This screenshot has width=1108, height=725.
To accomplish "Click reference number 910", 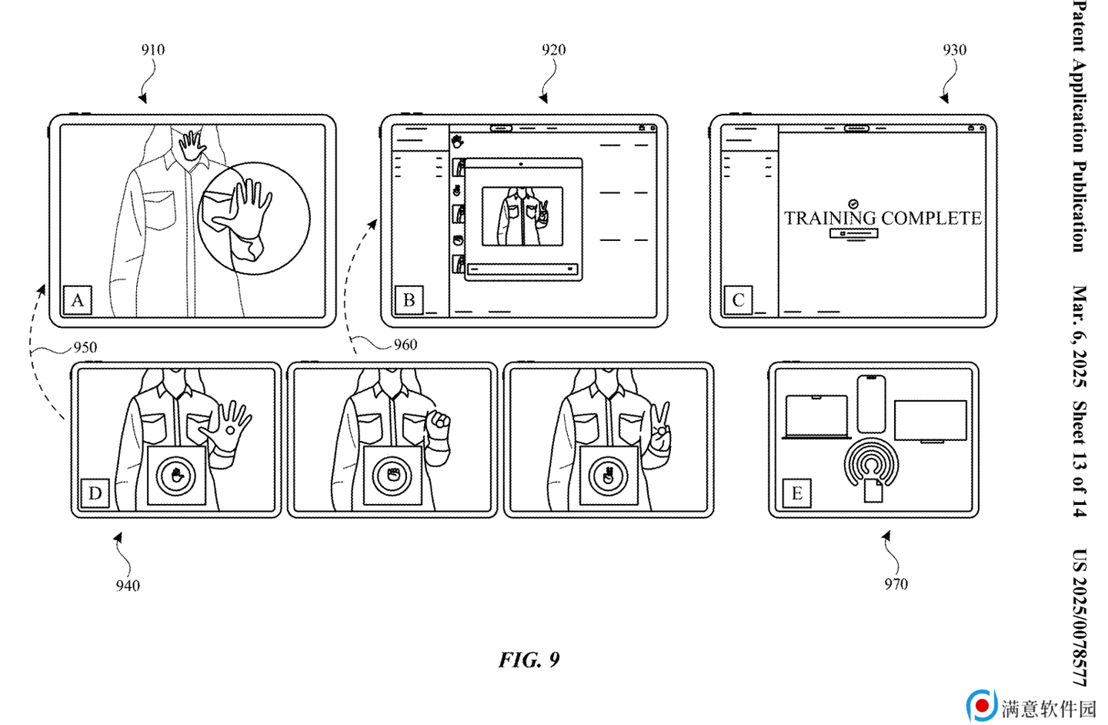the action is [153, 50].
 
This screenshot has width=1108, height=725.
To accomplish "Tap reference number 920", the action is [553, 50].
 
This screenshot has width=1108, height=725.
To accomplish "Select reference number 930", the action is [954, 50].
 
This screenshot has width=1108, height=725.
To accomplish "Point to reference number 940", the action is [128, 586].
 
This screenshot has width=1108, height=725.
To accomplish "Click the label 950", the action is [85, 347].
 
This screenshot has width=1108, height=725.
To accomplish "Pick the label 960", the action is [405, 345].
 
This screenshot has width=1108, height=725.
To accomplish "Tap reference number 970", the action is [896, 584].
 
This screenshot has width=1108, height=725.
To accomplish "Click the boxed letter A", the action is [78, 300].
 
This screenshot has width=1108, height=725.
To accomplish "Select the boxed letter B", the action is [409, 300].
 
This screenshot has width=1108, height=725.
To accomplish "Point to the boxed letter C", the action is [738, 300].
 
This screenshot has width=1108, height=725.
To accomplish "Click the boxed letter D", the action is [95, 493].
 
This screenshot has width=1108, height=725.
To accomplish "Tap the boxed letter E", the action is [797, 493].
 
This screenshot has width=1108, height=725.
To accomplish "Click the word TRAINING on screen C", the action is [830, 219].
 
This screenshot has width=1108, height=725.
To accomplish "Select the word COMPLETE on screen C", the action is [931, 219].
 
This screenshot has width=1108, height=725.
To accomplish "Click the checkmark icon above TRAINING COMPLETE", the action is [853, 203].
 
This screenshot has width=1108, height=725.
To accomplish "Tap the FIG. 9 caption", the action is [529, 660].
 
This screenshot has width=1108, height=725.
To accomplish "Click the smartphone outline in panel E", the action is [871, 404].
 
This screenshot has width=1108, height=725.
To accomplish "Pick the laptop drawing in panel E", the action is [816, 417].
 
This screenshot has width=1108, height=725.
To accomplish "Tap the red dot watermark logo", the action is [983, 706].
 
